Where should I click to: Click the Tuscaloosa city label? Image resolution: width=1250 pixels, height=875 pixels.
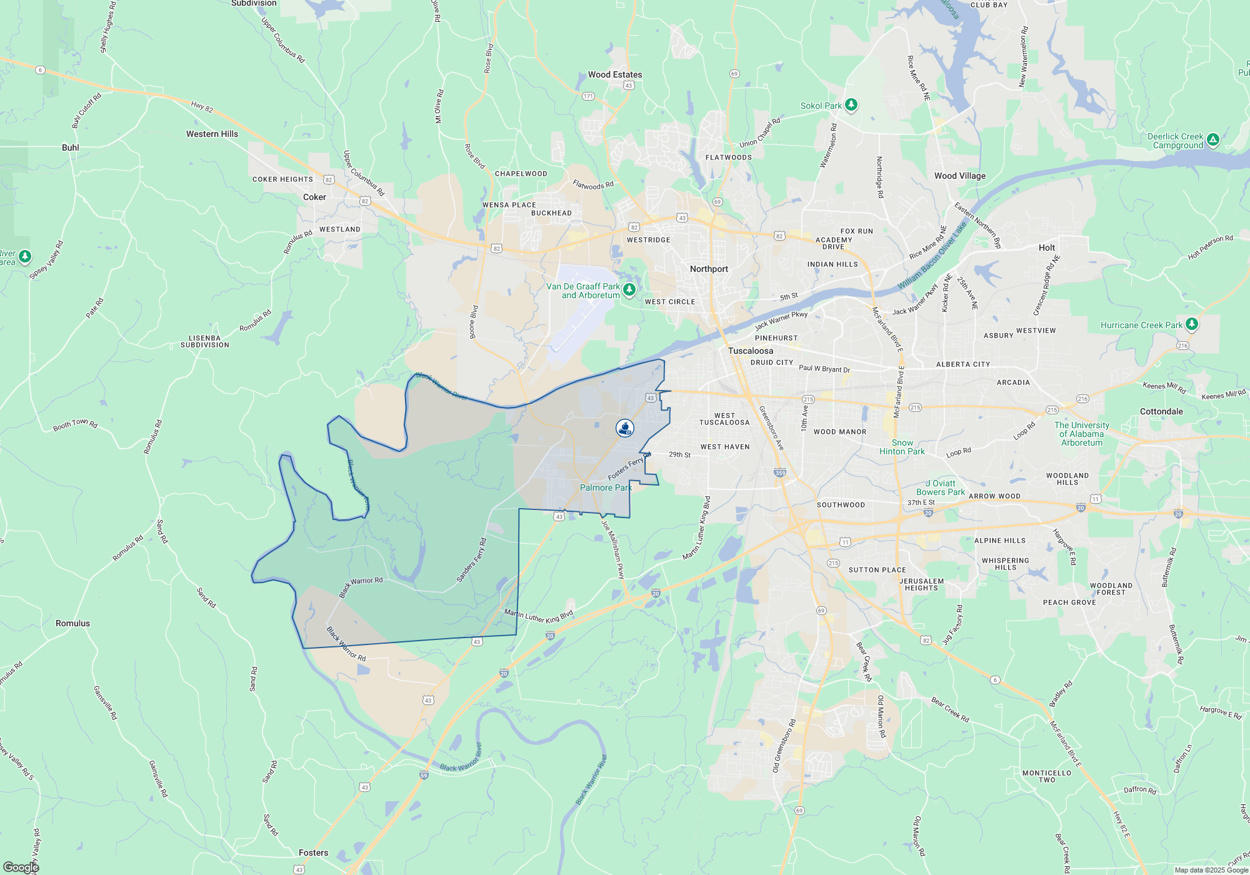[750, 351]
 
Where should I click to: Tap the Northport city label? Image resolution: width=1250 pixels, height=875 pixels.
[709, 269]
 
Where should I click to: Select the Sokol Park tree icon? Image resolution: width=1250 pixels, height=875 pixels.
[851, 104]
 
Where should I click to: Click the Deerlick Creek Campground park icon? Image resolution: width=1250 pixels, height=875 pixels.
[1212, 139]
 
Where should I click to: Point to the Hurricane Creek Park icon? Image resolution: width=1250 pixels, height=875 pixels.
[1192, 324]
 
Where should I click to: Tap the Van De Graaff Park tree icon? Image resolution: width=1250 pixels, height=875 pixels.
[629, 289]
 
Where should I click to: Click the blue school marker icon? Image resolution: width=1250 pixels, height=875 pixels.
[624, 428]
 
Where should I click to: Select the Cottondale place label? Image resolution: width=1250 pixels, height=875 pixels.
[1161, 411]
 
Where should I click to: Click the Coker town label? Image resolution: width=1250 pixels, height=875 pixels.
[314, 197]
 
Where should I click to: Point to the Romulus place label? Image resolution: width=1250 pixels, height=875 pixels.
[72, 623]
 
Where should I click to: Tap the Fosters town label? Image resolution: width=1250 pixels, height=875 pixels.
[313, 852]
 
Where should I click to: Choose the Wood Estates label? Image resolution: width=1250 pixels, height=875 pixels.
[615, 74]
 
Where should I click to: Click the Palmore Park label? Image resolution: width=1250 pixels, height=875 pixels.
[606, 487]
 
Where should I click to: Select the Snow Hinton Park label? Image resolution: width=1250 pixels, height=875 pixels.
[902, 447]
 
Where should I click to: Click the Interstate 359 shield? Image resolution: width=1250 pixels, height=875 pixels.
[780, 473]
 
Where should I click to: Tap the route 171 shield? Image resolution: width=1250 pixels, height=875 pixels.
[588, 96]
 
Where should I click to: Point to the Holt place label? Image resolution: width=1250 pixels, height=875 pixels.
[1047, 247]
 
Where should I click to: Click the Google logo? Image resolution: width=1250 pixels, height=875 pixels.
[21, 867]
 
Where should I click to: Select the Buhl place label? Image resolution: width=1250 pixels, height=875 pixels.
[71, 147]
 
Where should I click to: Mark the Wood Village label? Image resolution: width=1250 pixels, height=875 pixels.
[959, 176]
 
